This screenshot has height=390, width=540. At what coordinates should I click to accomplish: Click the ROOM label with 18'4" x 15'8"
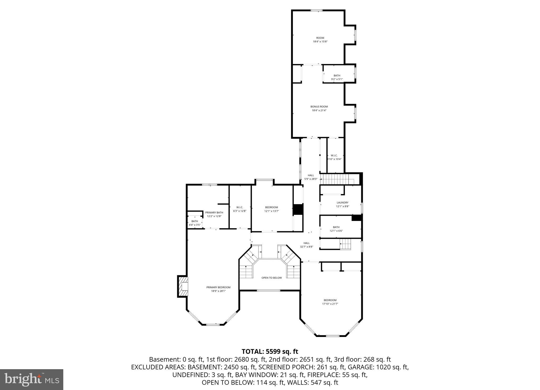(320, 40)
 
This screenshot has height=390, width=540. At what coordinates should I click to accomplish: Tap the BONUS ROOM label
(319, 108)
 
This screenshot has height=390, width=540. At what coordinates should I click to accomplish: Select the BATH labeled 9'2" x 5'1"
(337, 77)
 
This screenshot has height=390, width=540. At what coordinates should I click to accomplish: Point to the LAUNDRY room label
(342, 204)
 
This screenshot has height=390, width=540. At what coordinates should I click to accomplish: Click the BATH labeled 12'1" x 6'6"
(336, 229)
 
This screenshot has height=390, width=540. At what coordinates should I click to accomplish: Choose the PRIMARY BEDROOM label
(218, 289)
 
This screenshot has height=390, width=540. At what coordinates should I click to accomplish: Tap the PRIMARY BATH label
(214, 214)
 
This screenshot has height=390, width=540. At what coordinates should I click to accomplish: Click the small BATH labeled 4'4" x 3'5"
(195, 223)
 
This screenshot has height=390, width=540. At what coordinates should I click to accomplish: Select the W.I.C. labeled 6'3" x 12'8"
(239, 209)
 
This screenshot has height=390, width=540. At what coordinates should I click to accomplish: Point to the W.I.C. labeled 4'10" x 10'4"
(334, 157)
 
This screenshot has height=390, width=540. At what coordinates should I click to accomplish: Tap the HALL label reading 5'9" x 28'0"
(311, 177)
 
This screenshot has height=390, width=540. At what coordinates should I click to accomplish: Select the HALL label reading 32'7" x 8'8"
(306, 245)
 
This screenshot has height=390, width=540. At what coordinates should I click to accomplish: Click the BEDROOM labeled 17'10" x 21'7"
(330, 302)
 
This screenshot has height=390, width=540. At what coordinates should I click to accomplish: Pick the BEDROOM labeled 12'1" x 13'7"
(271, 209)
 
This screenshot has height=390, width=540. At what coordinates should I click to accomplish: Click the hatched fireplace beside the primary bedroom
(183, 286)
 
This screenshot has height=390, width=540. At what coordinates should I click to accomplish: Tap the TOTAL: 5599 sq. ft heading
(270, 352)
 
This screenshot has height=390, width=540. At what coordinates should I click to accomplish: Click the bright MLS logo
(31, 379)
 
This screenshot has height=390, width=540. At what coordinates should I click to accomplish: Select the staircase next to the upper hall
(336, 179)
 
